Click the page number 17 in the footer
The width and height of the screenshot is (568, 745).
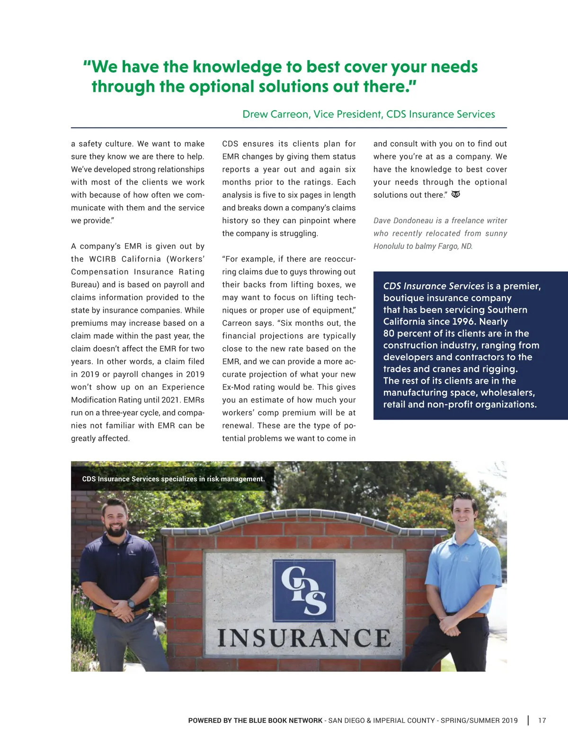(542, 720)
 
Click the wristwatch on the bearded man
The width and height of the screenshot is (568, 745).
(131, 604)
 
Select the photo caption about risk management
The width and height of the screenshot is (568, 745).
(173, 479)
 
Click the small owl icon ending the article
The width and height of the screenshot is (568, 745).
(456, 194)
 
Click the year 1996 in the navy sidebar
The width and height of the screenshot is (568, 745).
(463, 322)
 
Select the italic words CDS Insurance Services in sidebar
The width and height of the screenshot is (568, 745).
(434, 286)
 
